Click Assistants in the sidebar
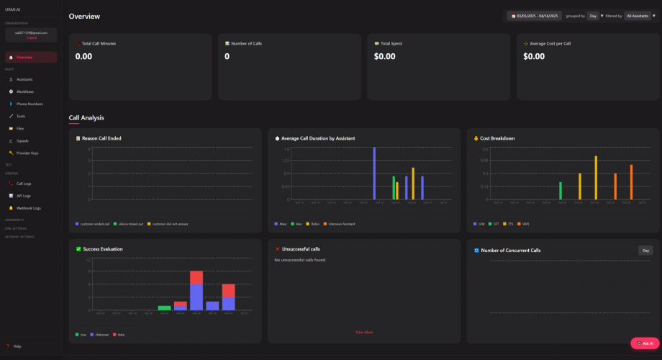(24, 79)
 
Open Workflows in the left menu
(25, 91)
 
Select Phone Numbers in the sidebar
(30, 104)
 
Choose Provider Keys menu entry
(27, 153)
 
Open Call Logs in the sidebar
(24, 184)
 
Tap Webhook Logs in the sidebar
(28, 208)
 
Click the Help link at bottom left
(17, 346)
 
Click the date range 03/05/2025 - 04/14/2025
(535, 15)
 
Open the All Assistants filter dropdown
(640, 15)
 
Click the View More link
(364, 332)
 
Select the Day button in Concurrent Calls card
(645, 251)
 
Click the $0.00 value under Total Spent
(388, 56)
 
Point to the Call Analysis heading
(86, 117)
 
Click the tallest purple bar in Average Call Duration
(374, 174)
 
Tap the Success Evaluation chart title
(103, 249)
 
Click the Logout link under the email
(31, 37)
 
